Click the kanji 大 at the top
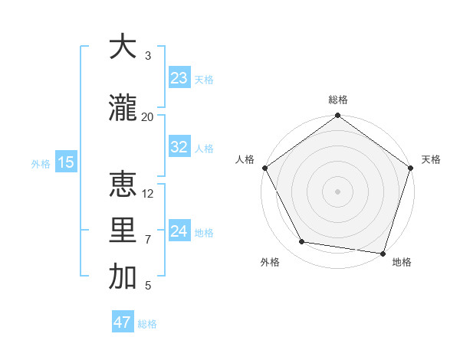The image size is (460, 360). (x=123, y=47)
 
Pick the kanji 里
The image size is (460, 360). (x=123, y=231)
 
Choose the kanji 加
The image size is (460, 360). (x=123, y=277)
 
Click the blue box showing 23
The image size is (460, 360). (x=179, y=78)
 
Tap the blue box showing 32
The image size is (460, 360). (x=179, y=147)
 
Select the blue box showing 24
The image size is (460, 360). (x=179, y=231)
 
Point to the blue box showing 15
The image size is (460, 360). (x=65, y=162)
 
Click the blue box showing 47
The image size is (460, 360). (x=123, y=322)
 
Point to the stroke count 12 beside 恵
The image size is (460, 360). (x=148, y=193)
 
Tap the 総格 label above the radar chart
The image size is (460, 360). (x=337, y=100)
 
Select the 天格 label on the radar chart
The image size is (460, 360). (x=432, y=159)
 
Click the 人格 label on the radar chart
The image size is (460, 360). (x=245, y=159)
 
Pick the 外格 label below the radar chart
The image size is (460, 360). (x=270, y=263)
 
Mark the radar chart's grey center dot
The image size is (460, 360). (x=337, y=191)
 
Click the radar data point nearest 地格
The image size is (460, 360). (x=383, y=253)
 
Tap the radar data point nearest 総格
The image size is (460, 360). (x=337, y=116)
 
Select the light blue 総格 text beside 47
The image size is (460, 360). (x=147, y=324)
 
